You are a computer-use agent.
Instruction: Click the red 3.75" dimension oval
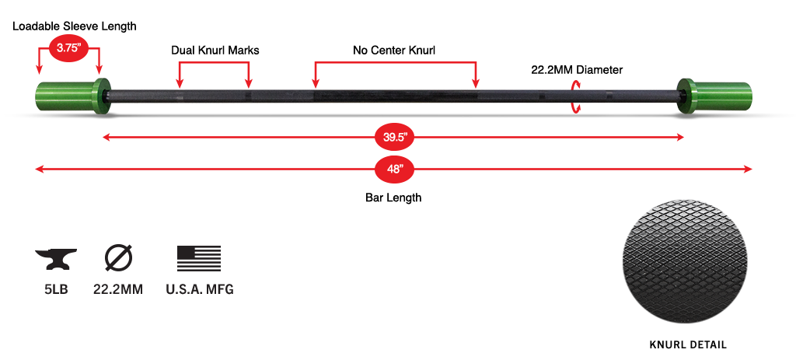(68, 49)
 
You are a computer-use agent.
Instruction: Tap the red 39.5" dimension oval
(394, 137)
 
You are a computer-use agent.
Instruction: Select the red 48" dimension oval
(394, 169)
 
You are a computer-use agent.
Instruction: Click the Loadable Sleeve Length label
(75, 26)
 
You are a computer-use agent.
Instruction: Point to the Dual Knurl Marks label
(215, 51)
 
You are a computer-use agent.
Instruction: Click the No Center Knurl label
(394, 51)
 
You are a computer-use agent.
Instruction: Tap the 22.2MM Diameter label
(577, 69)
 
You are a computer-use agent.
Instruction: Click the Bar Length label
(393, 197)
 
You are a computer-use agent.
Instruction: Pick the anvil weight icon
(56, 259)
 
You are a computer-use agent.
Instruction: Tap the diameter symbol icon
(118, 258)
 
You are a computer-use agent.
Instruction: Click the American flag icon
(199, 258)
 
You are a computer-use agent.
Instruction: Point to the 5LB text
(56, 289)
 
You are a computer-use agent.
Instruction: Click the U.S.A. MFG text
(200, 289)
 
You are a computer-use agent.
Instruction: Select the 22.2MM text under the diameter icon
(118, 289)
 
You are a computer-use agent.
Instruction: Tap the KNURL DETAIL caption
(688, 344)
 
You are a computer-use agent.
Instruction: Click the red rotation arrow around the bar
(576, 96)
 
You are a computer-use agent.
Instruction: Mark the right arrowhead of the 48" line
(749, 169)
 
